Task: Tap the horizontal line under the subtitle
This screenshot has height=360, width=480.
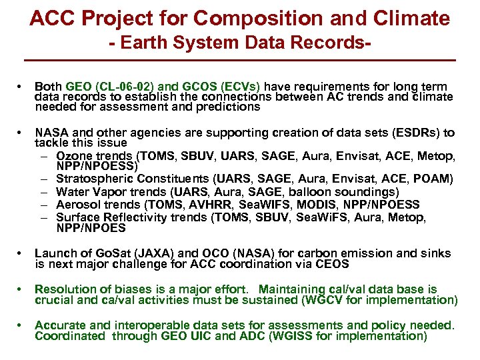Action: click(240, 61)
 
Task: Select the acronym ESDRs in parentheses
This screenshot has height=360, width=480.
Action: click(415, 133)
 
